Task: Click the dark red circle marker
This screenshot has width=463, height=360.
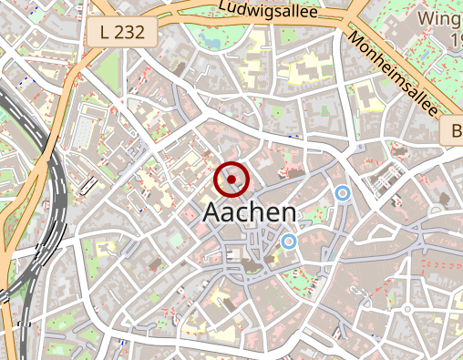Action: [x=231, y=180]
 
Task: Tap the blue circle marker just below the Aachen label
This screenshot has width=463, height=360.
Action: [x=289, y=242]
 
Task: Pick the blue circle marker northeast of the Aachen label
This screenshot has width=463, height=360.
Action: [x=343, y=193]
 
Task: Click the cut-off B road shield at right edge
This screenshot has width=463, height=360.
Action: [x=453, y=132]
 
